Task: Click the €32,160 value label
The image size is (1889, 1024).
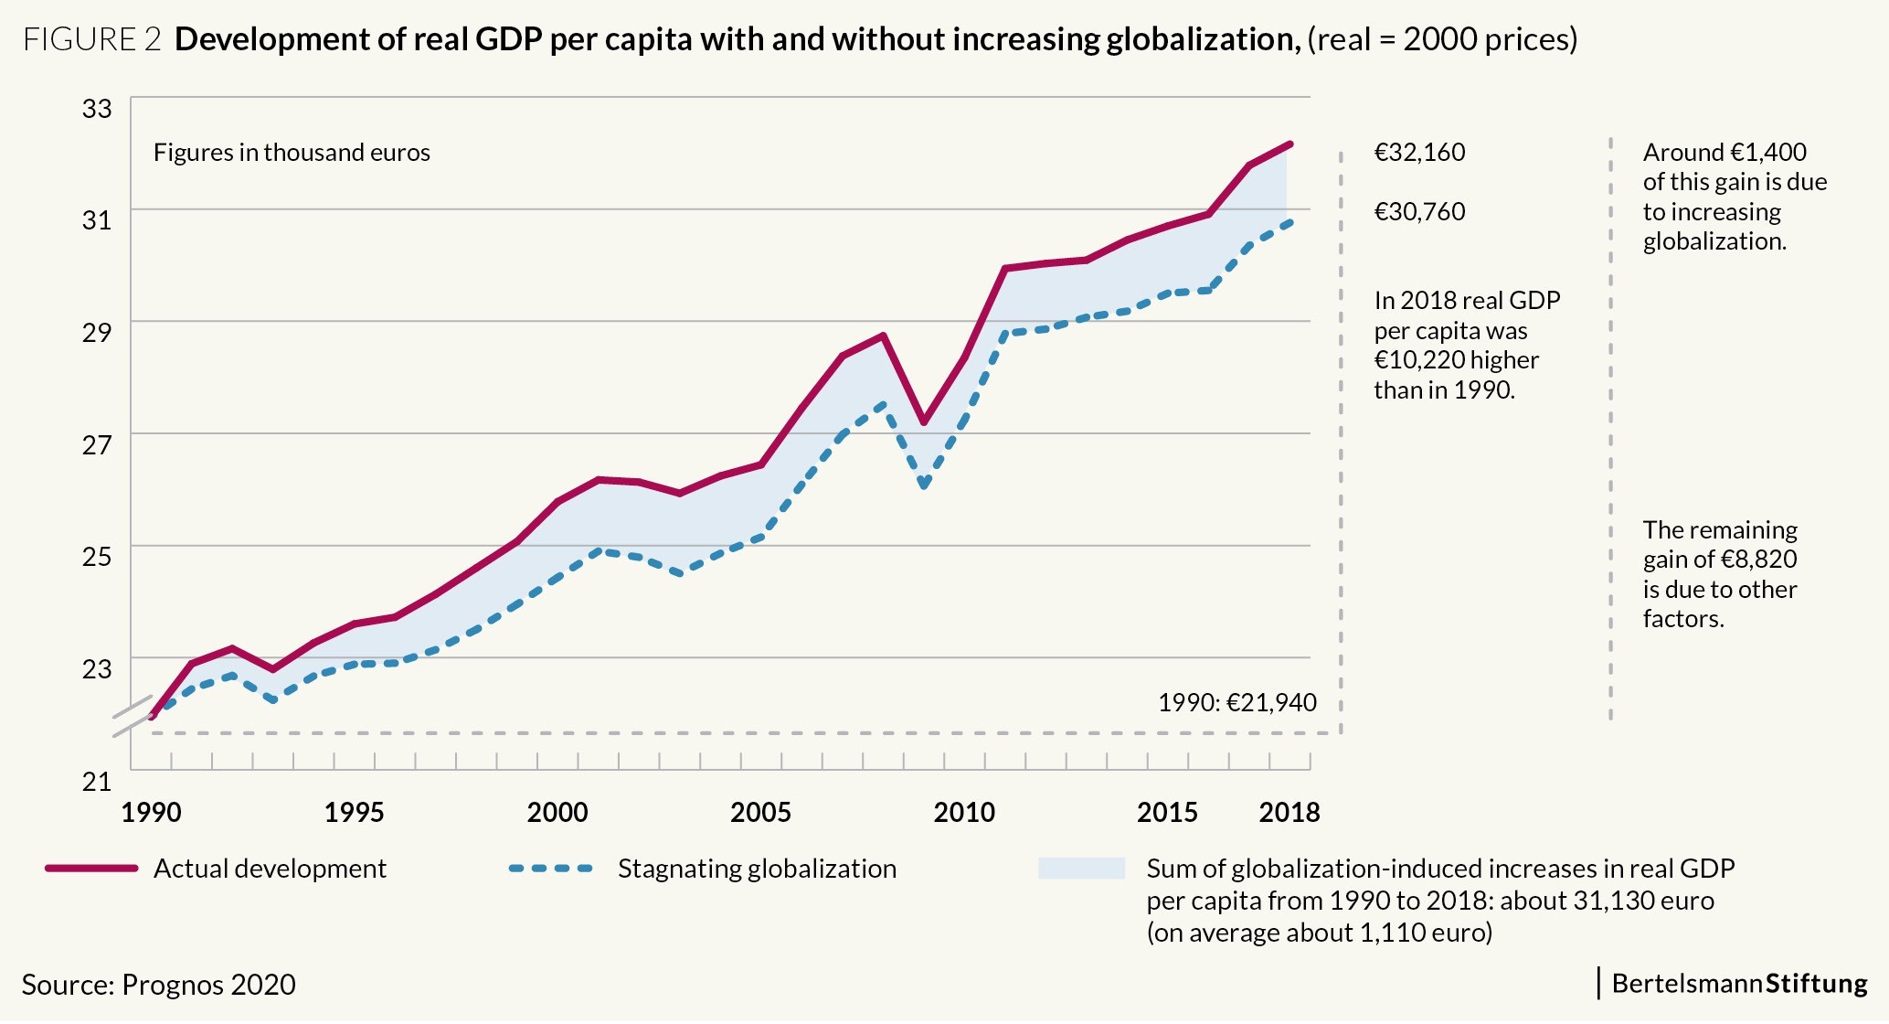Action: [1419, 153]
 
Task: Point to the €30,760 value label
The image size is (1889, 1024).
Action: [1419, 212]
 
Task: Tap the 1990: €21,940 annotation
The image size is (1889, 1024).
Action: [1237, 703]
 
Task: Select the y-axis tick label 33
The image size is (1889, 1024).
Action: [97, 109]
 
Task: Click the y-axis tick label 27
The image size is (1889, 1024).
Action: [97, 445]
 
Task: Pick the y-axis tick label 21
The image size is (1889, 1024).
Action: [97, 782]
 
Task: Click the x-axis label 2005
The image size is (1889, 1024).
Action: [760, 813]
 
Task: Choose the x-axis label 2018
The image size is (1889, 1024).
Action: [1289, 813]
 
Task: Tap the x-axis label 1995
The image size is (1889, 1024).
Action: [354, 813]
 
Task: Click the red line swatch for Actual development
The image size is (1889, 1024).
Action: [91, 869]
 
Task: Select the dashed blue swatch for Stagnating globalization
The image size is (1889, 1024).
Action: [551, 869]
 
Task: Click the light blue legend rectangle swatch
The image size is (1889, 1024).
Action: [1081, 869]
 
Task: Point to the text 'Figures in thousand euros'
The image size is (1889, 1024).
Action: [292, 153]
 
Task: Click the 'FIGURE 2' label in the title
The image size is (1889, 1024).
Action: [92, 40]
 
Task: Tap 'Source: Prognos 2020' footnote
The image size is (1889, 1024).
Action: [159, 985]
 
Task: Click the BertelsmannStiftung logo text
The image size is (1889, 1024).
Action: [1739, 984]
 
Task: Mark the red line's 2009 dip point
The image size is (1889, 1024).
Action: [924, 422]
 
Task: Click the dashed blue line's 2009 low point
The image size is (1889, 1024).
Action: [924, 485]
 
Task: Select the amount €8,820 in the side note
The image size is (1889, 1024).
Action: [1758, 560]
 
